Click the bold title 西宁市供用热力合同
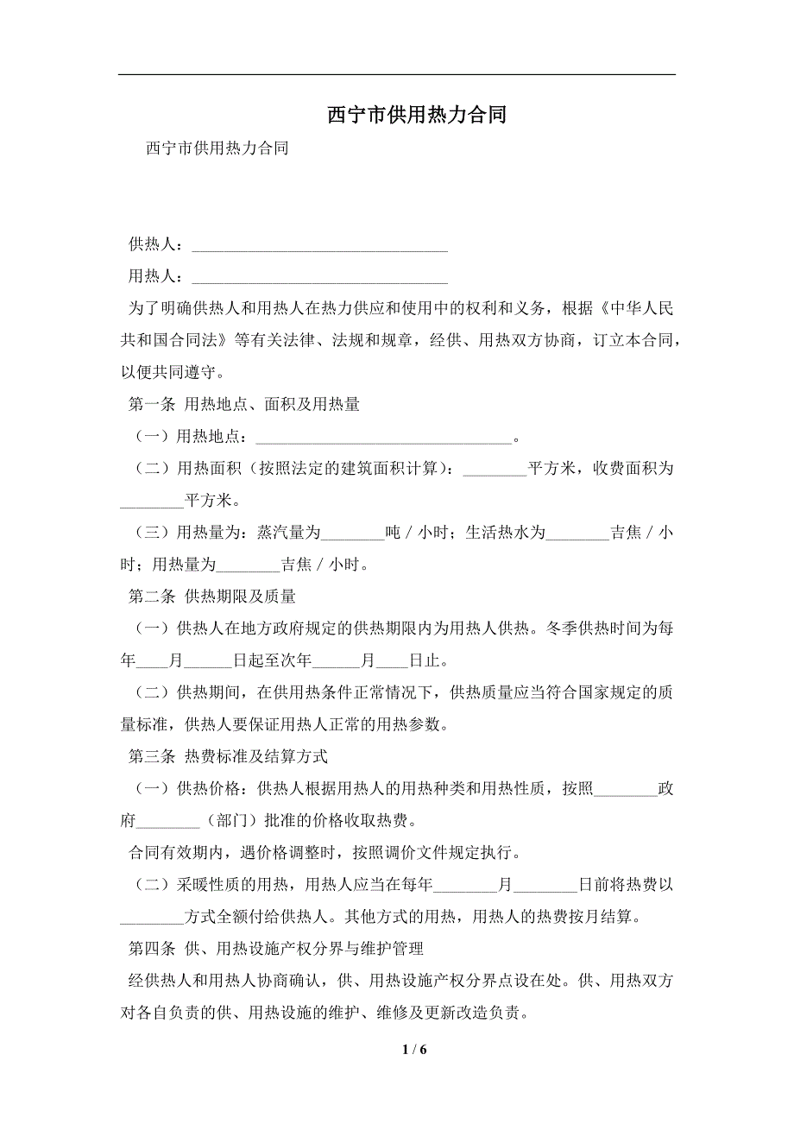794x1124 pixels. (x=416, y=116)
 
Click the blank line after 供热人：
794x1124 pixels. (x=319, y=248)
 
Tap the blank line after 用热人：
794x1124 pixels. (x=319, y=279)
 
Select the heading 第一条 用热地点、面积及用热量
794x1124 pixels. (x=243, y=404)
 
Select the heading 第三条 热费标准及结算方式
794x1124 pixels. (x=228, y=757)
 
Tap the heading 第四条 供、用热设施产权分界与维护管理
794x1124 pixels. (x=275, y=950)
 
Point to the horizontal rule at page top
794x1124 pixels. (x=397, y=74)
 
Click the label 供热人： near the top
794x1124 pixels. (x=156, y=246)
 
